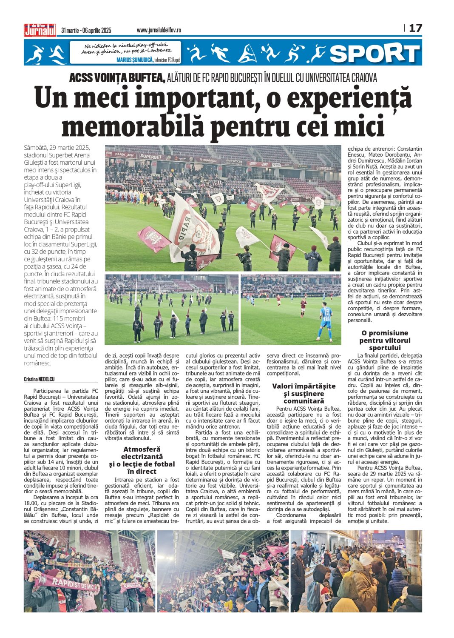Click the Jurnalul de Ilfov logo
40,30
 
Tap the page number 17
415,29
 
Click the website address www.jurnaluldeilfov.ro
159,30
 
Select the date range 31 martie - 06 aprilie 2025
86,30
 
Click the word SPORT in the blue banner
375,53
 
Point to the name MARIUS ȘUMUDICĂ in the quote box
135,60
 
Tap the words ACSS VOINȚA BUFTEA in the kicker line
117,78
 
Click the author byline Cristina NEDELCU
40,379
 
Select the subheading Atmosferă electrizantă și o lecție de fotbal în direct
142,460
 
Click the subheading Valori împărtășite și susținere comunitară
304,393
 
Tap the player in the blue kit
326,321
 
